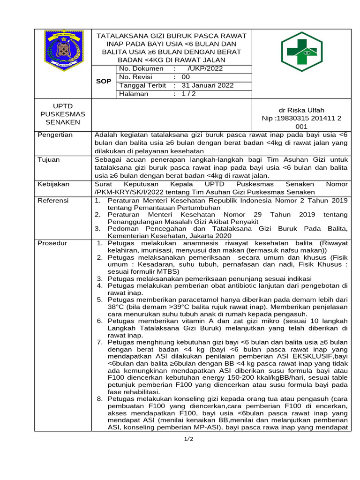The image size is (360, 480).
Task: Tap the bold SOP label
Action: coord(104,81)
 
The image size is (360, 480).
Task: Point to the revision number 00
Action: coord(186,77)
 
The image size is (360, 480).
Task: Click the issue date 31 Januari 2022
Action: coord(207,85)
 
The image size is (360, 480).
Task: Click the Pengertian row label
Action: coord(55,135)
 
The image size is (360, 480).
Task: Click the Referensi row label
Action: coord(53,201)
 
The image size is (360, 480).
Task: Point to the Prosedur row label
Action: coord(52,243)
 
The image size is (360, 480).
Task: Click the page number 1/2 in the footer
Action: coord(189,439)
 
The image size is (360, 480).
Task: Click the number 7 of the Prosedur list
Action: coord(99,342)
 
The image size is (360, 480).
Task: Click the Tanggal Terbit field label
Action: coord(142,85)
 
